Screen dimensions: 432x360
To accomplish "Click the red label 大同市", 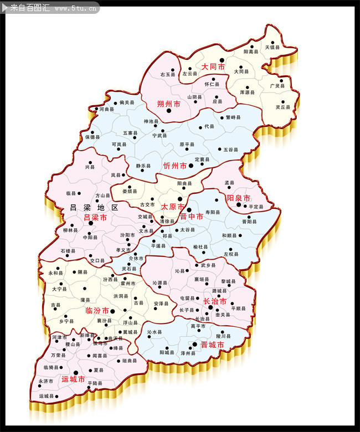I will pos(213,66).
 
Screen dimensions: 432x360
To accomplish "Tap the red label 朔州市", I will pos(169,104).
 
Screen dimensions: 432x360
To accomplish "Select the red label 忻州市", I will pos(175,166).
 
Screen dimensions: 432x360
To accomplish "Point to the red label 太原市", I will pos(172,206).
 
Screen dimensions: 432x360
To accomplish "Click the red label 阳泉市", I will pos(239,198).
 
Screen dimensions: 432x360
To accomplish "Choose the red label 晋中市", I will pos(191,217).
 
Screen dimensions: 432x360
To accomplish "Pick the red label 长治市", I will pos(215,301).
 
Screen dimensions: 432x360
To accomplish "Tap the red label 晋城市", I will pos(212,344).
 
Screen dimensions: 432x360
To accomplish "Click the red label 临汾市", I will pos(97,311).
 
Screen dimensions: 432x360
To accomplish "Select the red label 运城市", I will pos(73,379).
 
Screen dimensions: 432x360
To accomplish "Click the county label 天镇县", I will pos(272,48).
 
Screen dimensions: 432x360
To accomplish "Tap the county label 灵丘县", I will pos(283,107).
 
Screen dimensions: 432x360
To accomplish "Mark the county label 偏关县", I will pos(127,102).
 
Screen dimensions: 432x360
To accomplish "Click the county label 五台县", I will pos(230,150).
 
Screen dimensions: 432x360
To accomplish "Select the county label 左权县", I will pos(231,254).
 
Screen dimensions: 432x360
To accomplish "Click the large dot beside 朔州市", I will pos(169,111).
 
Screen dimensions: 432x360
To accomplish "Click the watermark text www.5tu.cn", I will pos(77,8).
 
